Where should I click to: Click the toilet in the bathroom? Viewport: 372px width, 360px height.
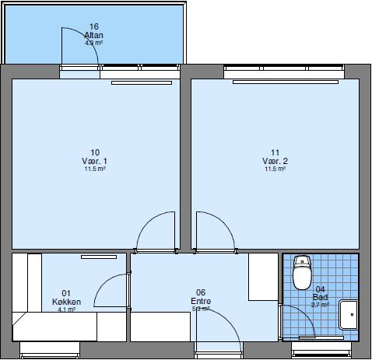point(301,274)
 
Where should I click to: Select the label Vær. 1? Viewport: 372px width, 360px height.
point(95,160)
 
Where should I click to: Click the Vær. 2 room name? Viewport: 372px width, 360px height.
point(275,160)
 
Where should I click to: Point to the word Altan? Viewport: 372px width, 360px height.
point(93,36)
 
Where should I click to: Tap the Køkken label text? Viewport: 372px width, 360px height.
point(66,302)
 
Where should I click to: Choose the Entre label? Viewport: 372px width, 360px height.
point(200,302)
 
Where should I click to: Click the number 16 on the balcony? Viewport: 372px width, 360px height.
point(93,27)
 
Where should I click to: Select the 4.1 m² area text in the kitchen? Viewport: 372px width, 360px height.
point(66,309)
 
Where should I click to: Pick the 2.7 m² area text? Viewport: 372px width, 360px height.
point(321,305)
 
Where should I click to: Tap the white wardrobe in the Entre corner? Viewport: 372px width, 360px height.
point(263,277)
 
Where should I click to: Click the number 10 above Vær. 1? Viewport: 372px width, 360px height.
point(95,152)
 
